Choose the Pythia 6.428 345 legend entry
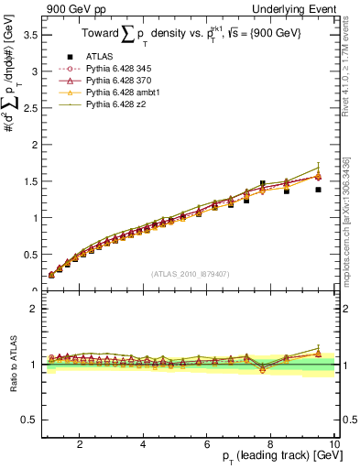coord(119,69)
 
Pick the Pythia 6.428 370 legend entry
coord(119,81)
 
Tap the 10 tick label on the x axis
coord(334,444)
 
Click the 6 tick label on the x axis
coord(207,444)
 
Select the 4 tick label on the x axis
coord(143,444)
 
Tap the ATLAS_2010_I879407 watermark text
coord(190,273)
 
